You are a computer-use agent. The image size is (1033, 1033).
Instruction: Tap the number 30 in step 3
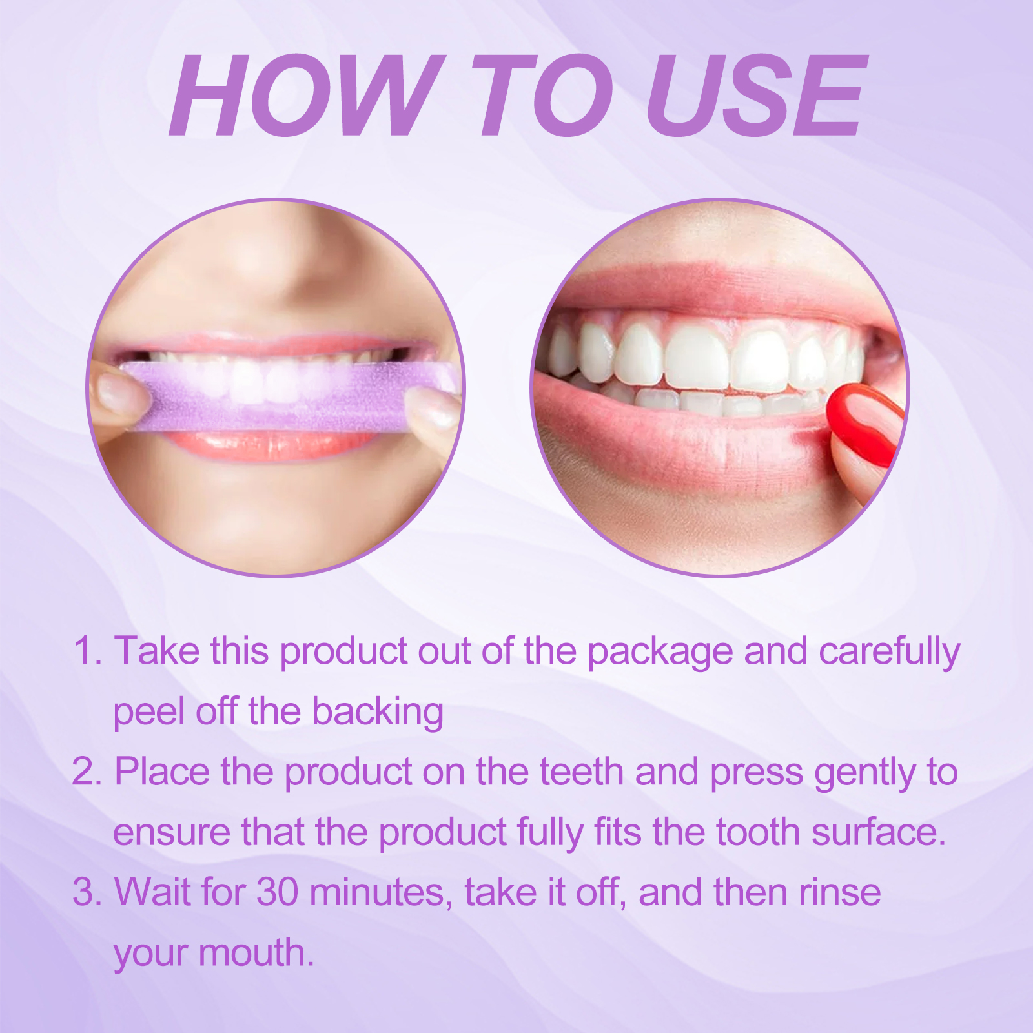coord(278,892)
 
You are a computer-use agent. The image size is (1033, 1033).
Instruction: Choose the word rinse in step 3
coord(839,892)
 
